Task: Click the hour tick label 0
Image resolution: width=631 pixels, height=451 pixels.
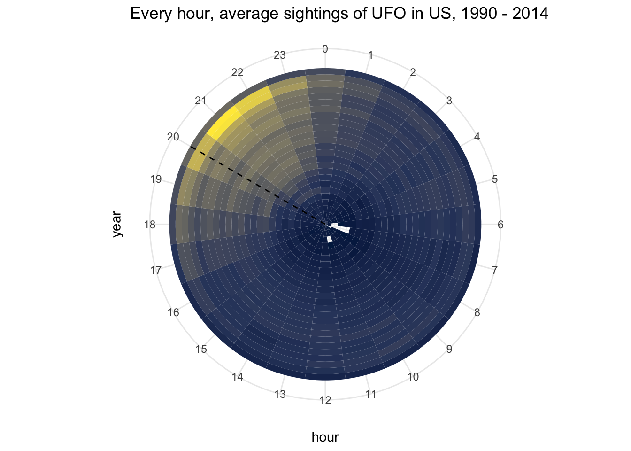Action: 325,49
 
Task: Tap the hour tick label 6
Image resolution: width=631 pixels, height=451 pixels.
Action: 500,225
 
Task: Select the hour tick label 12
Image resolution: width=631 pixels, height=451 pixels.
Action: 325,400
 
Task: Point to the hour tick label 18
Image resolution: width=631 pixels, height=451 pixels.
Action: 150,225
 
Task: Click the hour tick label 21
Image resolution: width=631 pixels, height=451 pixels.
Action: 200,101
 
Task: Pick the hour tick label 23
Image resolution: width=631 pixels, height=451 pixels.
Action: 280,55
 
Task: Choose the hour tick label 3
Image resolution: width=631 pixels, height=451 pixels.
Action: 449,101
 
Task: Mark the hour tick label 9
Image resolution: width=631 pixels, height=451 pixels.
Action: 449,349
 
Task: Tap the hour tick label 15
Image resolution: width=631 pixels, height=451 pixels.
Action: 201,349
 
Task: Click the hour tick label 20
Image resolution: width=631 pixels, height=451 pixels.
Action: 173,137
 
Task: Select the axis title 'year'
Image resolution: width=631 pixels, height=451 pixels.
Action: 116,224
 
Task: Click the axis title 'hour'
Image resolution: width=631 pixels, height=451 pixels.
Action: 325,437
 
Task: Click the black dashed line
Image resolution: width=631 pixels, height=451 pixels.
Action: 258,186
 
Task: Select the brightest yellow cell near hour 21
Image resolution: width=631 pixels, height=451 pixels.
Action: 224,123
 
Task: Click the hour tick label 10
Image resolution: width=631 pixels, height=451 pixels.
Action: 413,377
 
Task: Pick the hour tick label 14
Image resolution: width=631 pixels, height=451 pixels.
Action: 237,377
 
